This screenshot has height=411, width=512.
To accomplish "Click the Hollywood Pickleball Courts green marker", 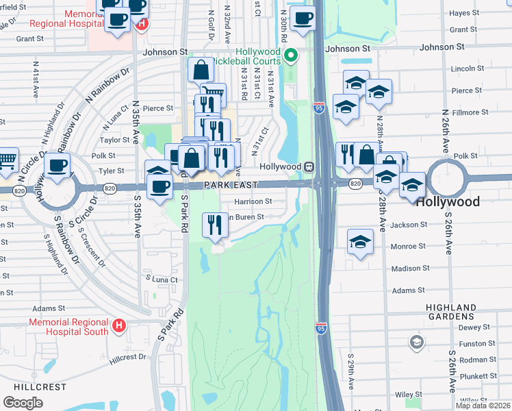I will point(291,54).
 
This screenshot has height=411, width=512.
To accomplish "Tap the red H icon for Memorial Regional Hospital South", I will point(119,325).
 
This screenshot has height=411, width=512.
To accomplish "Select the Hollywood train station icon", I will point(309,166).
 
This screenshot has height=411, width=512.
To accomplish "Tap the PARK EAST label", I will point(229,186).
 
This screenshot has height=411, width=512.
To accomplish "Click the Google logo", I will point(23,402).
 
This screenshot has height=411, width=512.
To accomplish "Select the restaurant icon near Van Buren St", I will point(215,223).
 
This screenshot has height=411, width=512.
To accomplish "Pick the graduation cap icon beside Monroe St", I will point(360,241).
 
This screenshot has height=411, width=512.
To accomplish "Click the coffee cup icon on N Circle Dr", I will point(57,164).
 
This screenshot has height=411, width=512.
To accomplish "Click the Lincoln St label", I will point(468,69).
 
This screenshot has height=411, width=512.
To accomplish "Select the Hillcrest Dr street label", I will point(127,357).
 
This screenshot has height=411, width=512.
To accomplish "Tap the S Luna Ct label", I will point(162,279).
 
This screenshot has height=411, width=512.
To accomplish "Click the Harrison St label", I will point(253,202).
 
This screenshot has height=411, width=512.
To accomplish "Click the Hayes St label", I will point(464,13).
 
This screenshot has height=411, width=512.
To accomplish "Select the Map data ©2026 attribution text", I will point(483,406).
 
